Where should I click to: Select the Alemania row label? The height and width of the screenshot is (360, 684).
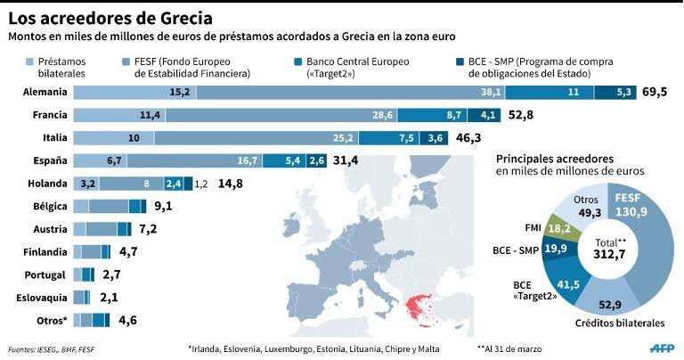point(45,92)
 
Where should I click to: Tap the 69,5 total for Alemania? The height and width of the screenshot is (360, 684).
point(655,92)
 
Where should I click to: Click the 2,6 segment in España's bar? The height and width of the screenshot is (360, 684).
point(317,160)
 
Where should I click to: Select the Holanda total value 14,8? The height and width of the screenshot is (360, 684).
point(231,184)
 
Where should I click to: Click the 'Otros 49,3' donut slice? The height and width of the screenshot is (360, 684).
point(585,206)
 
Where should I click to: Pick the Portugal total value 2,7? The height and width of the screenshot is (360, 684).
point(112,274)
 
